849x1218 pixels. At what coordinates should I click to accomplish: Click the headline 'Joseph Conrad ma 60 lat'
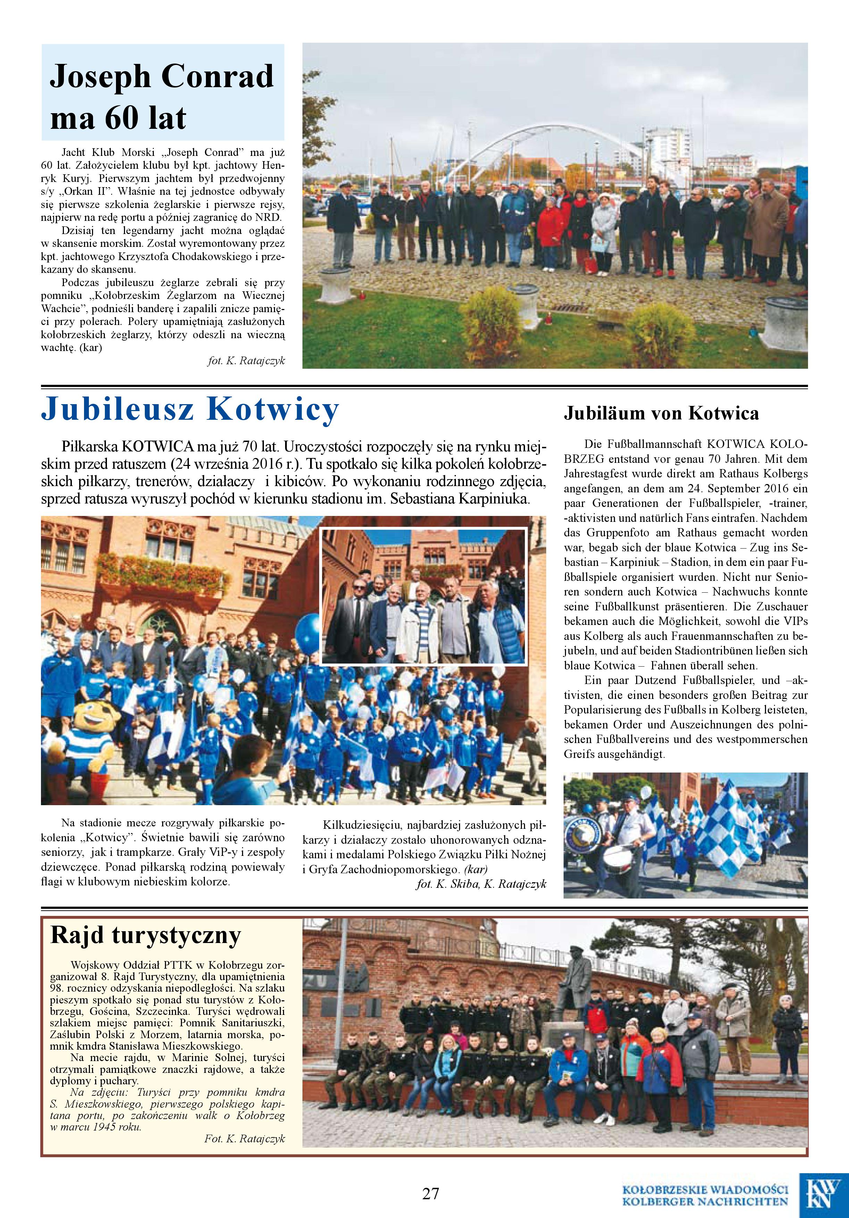tap(162, 96)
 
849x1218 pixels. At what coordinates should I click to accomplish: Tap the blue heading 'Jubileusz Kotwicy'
tap(190, 409)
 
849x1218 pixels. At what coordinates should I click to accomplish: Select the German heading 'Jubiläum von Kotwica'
tap(661, 413)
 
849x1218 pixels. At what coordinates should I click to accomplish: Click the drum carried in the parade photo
tap(619, 860)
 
